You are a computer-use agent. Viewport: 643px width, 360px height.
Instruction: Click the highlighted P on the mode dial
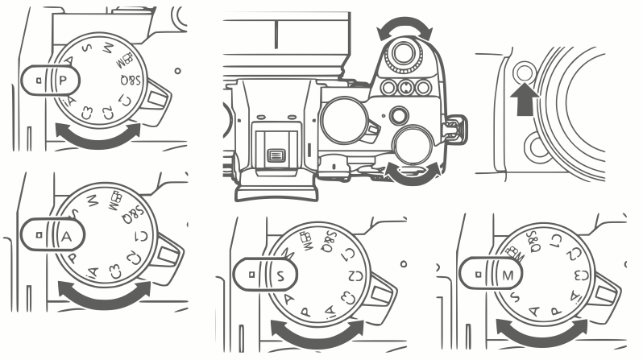coord(63,81)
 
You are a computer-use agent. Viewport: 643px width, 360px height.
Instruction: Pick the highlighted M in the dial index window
coord(505,274)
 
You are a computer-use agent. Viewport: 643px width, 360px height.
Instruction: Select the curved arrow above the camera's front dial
coord(404,29)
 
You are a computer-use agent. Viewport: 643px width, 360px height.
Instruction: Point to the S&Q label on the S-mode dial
coord(328,240)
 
